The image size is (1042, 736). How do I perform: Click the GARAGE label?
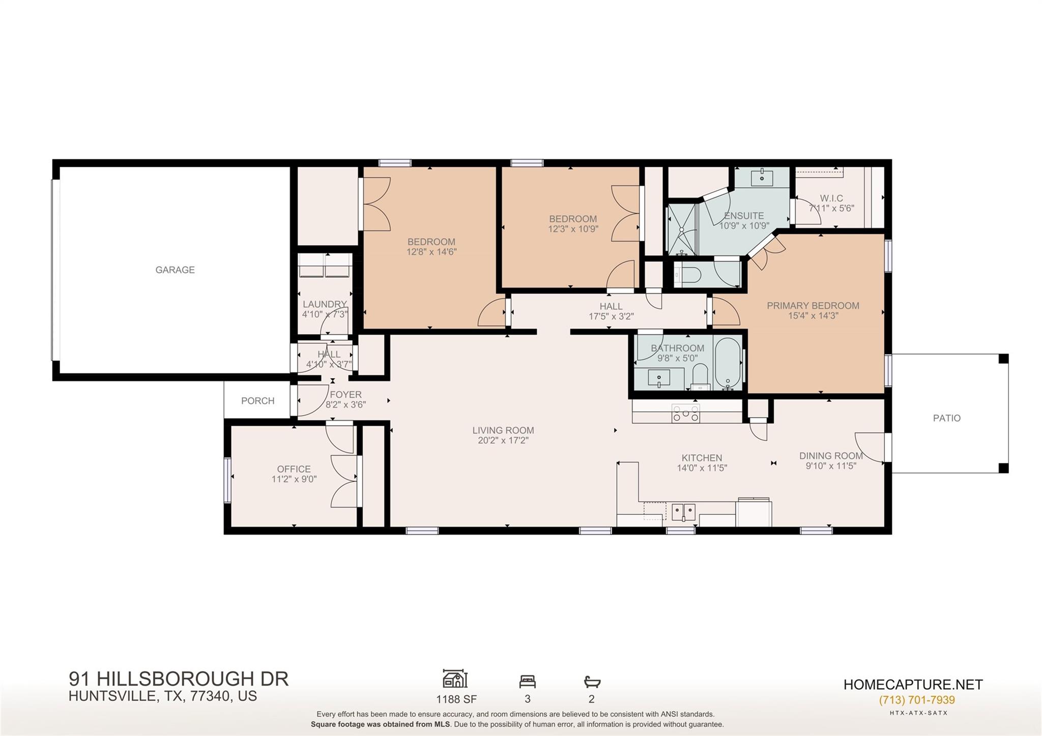(x=175, y=270)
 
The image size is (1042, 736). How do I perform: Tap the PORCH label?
(x=257, y=401)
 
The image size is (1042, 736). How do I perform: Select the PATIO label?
(x=947, y=418)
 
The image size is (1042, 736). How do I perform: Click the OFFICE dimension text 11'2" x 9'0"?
(x=294, y=479)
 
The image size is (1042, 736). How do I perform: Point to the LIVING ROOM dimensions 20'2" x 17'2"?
(x=503, y=440)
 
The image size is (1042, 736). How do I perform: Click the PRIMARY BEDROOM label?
(x=813, y=306)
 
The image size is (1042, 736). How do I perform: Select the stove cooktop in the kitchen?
(x=685, y=413)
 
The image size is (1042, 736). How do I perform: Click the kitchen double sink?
(x=683, y=512)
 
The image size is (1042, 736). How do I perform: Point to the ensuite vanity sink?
(x=762, y=178)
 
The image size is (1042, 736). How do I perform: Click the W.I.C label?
(x=831, y=198)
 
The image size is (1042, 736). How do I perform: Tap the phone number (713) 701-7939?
(x=917, y=700)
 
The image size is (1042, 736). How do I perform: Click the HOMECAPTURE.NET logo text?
(x=913, y=685)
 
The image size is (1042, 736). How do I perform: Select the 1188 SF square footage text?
(x=456, y=699)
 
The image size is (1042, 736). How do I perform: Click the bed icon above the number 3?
(x=527, y=682)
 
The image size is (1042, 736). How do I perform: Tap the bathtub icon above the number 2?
(x=592, y=682)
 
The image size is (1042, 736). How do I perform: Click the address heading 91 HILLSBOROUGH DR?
(x=179, y=679)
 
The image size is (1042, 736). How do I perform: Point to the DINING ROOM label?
(x=831, y=456)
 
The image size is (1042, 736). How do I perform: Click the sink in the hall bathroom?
(x=659, y=378)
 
